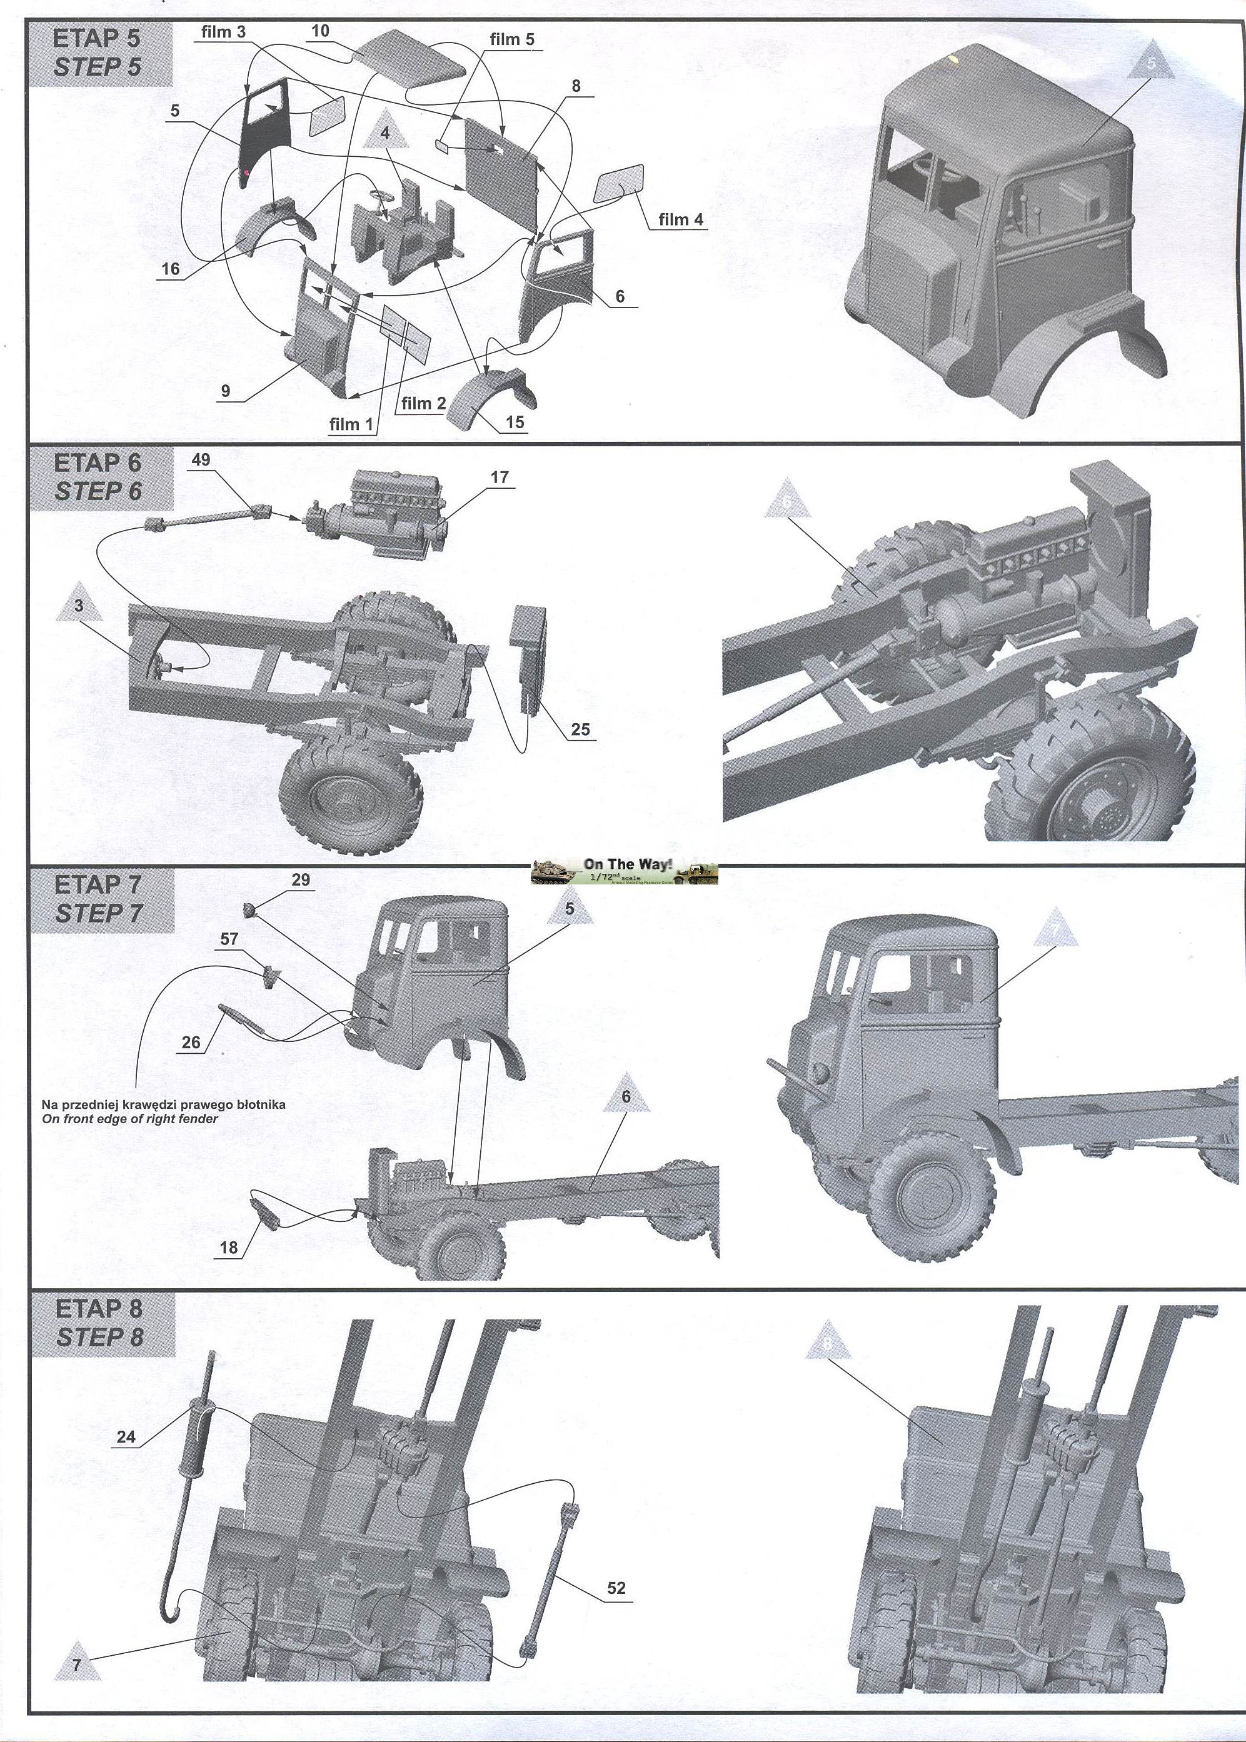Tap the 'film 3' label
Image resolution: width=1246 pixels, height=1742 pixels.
tap(223, 33)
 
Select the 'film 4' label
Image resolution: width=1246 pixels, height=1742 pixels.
tap(681, 219)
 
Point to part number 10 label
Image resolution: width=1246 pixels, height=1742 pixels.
tap(320, 31)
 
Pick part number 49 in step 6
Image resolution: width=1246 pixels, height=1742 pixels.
tap(202, 459)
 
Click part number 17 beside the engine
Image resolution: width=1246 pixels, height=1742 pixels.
tap(500, 477)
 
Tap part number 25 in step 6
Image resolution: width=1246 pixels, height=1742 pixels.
tap(580, 729)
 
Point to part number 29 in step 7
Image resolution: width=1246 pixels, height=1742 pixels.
tap(301, 880)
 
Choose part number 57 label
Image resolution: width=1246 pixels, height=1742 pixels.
tap(229, 939)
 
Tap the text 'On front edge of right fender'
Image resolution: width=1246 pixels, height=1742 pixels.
tap(129, 1118)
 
